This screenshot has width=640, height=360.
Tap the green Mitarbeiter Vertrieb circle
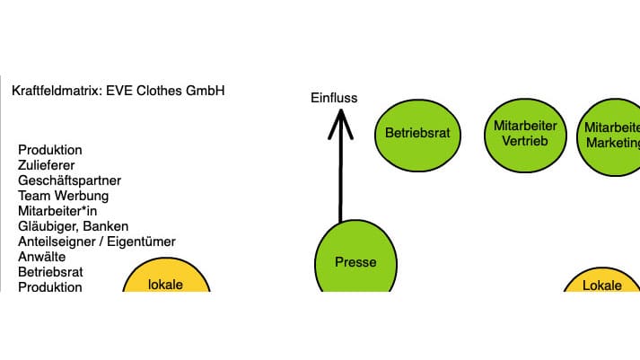click(x=525, y=134)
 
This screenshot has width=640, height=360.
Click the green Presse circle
click(x=355, y=261)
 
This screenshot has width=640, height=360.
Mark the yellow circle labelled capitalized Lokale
click(x=602, y=281)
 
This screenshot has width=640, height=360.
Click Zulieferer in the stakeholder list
click(x=47, y=165)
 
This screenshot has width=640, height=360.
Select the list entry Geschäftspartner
click(x=69, y=180)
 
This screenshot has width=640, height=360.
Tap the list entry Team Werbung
click(x=63, y=196)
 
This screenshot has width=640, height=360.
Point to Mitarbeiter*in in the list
click(x=57, y=211)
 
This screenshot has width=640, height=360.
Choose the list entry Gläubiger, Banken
click(x=73, y=226)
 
